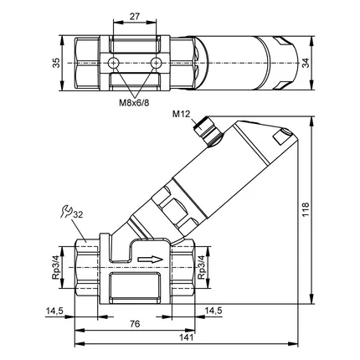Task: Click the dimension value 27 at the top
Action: click(x=135, y=17)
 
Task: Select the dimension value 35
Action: click(x=56, y=63)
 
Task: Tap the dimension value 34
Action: click(x=306, y=63)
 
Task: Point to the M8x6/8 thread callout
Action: click(x=134, y=103)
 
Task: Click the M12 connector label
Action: click(x=181, y=114)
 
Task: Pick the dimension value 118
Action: click(x=306, y=210)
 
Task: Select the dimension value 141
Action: click(x=186, y=337)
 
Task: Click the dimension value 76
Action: click(x=135, y=324)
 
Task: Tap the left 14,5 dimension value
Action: click(x=55, y=311)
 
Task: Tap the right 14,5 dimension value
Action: click(x=213, y=311)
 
